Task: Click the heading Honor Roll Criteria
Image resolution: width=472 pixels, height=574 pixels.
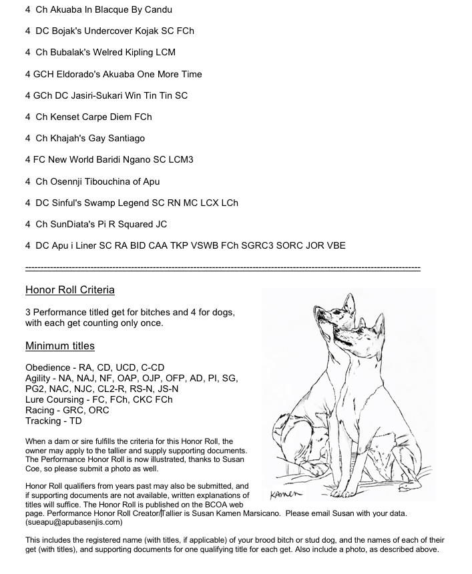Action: [x=70, y=290]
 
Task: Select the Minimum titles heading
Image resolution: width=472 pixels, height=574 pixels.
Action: [x=60, y=346]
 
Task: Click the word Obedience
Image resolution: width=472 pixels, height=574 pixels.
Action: [x=47, y=367]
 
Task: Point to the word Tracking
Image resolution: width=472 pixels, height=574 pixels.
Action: [x=44, y=421]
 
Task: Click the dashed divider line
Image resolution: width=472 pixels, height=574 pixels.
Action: [x=222, y=268]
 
